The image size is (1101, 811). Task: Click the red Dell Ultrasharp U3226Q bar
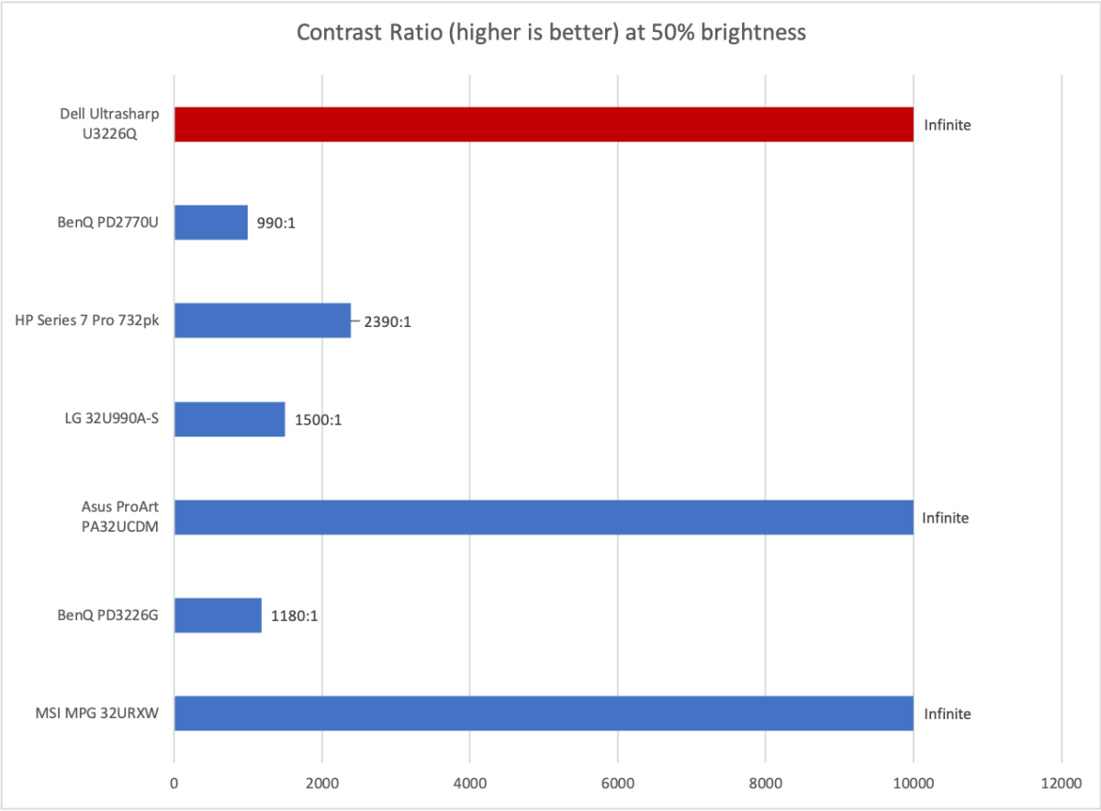(544, 124)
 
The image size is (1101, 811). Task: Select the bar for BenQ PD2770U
(210, 222)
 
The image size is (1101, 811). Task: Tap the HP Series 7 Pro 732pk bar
(263, 321)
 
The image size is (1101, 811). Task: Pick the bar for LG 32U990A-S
(230, 419)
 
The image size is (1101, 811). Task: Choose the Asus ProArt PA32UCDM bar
(544, 517)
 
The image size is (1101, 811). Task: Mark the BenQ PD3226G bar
(218, 615)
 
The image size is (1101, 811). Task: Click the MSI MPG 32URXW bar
(544, 714)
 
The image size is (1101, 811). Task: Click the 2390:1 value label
(387, 321)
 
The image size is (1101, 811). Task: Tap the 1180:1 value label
(294, 616)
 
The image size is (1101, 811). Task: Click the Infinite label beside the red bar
(947, 125)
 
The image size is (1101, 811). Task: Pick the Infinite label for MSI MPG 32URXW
(947, 715)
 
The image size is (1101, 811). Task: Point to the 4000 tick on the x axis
(469, 783)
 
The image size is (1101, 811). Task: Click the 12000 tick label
(1062, 783)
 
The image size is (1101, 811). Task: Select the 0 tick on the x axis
(174, 783)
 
